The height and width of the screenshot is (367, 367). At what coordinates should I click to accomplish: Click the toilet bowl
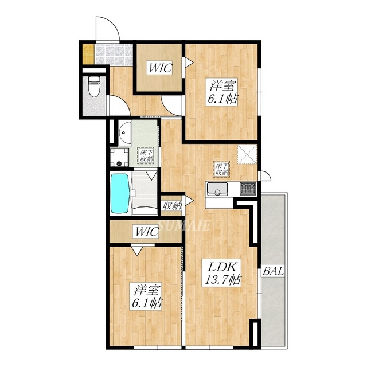pyautogui.click(x=95, y=86)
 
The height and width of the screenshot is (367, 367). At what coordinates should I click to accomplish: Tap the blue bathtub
pyautogui.click(x=120, y=193)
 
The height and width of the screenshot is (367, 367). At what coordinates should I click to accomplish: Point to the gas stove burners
pyautogui.click(x=248, y=188)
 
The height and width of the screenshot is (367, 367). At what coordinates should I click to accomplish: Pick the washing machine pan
pyautogui.click(x=120, y=157)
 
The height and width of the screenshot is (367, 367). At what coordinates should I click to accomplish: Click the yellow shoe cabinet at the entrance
pyautogui.click(x=88, y=54)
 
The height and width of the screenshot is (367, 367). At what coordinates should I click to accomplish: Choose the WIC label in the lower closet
pyautogui.click(x=147, y=232)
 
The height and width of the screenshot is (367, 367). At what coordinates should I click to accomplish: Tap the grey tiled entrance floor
pyautogui.click(x=112, y=54)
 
